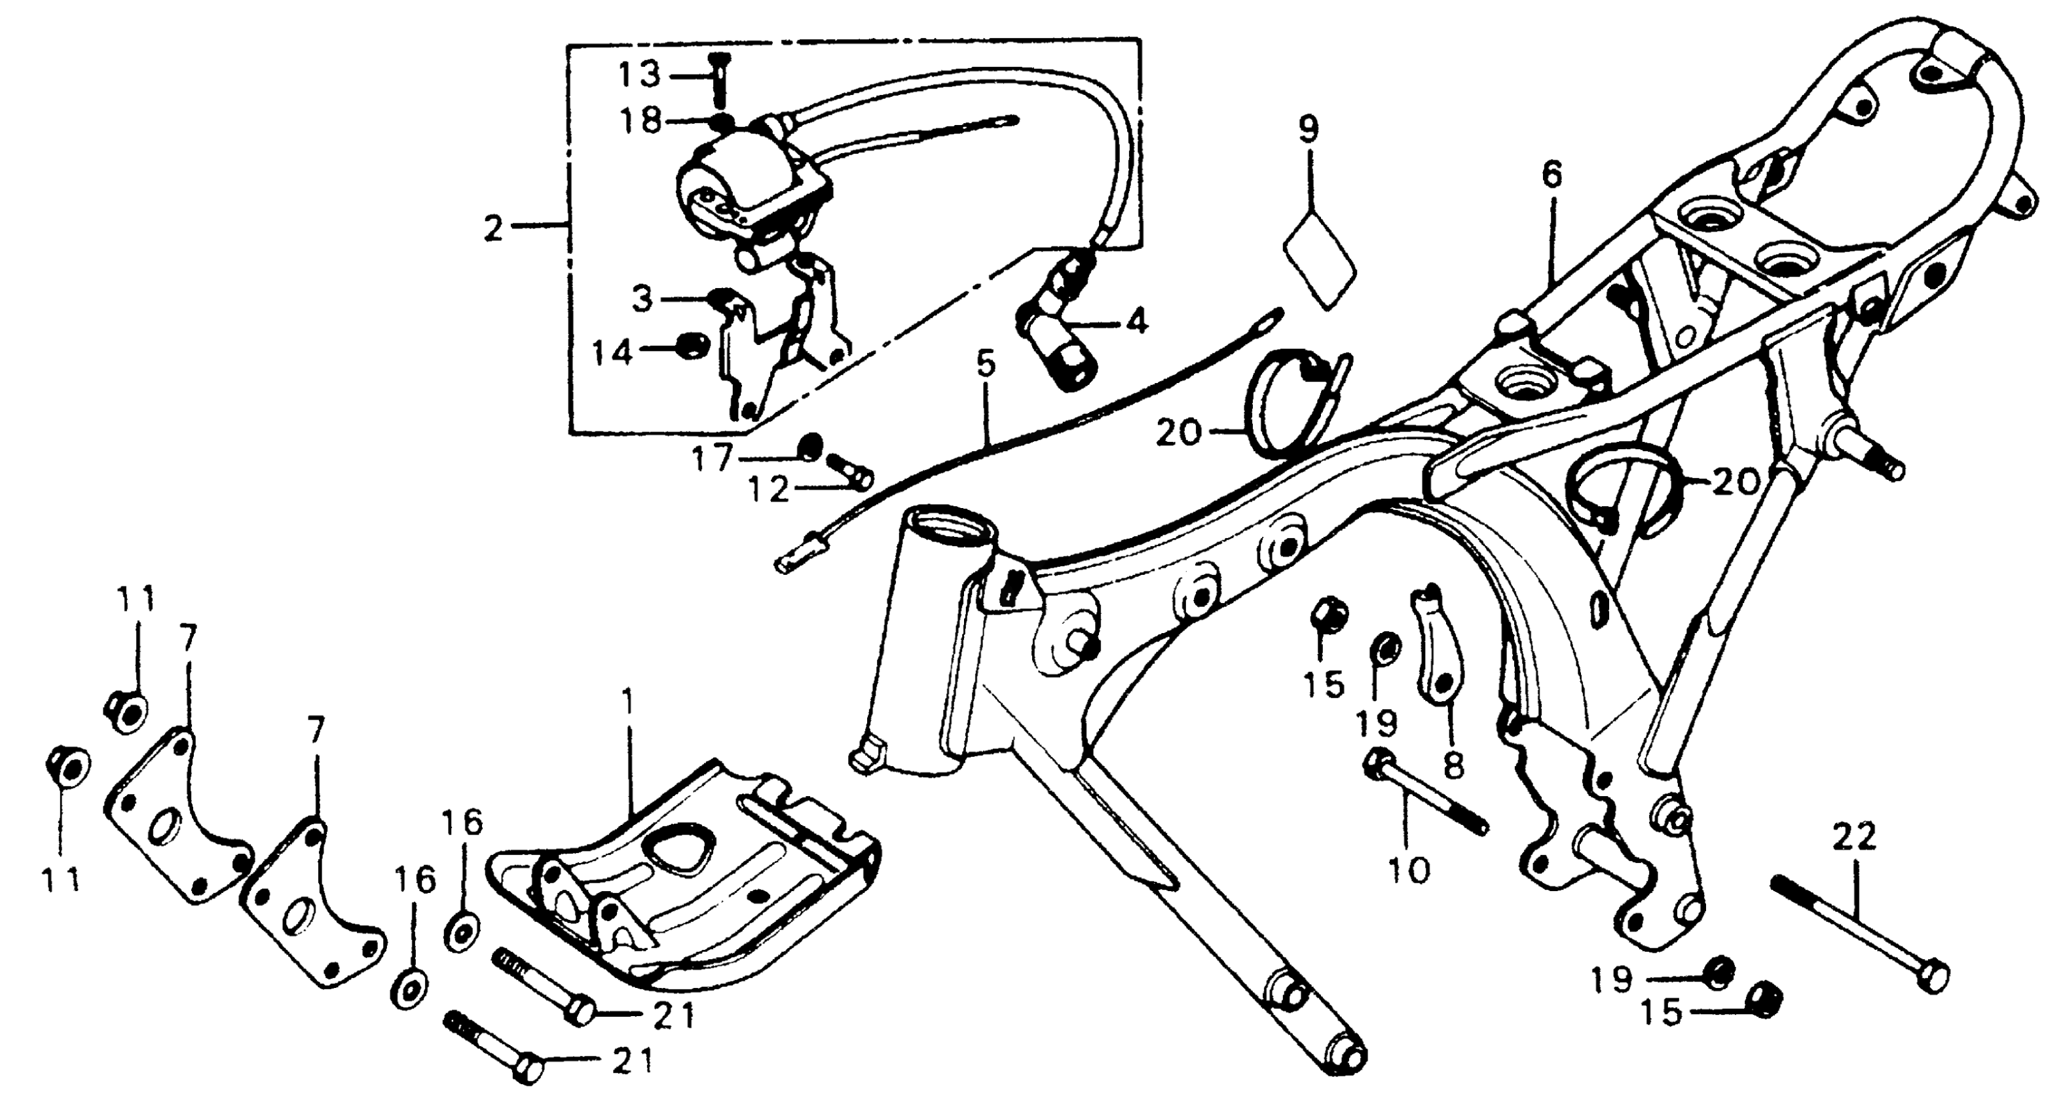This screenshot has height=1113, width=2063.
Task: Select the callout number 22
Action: pyautogui.click(x=1855, y=839)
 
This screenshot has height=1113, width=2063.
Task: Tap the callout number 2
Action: pyautogui.click(x=493, y=230)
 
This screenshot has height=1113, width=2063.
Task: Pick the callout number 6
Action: pyautogui.click(x=1552, y=175)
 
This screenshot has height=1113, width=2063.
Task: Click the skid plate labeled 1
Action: pyautogui.click(x=680, y=889)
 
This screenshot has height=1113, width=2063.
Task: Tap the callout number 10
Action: pyautogui.click(x=1409, y=869)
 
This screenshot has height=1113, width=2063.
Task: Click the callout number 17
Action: pyautogui.click(x=712, y=460)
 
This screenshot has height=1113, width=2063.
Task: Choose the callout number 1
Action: pyautogui.click(x=629, y=704)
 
